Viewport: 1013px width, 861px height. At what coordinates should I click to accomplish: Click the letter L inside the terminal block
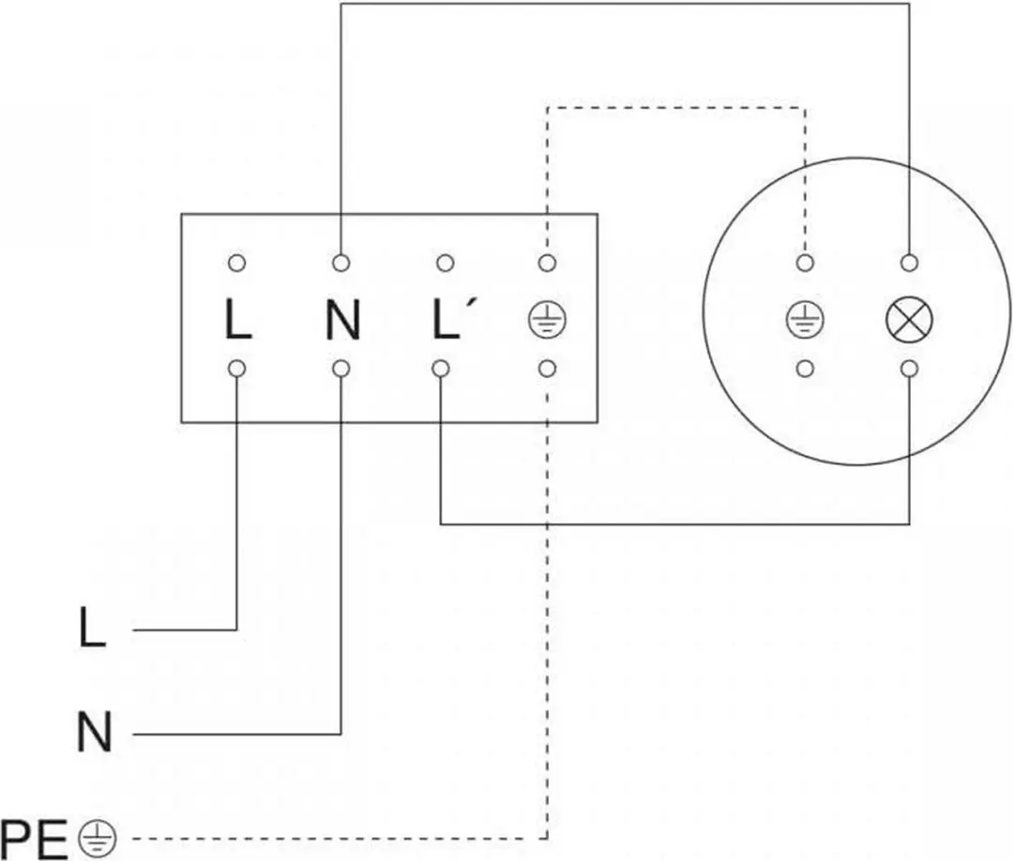[x=237, y=320]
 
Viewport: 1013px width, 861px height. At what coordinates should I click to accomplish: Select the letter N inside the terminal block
[x=342, y=320]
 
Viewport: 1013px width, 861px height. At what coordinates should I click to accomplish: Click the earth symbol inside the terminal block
[x=547, y=321]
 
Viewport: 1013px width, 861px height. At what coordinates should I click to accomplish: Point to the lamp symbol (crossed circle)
[x=909, y=320]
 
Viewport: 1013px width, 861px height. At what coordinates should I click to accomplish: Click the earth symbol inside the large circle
[x=805, y=320]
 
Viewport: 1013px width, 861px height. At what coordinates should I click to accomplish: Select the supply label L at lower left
[x=92, y=627]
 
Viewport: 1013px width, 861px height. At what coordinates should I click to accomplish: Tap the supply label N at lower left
[x=95, y=732]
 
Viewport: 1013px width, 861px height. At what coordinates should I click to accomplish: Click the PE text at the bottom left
[x=35, y=839]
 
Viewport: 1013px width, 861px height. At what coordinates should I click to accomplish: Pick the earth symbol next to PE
[x=98, y=839]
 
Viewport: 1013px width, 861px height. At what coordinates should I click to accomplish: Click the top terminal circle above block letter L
[x=237, y=263]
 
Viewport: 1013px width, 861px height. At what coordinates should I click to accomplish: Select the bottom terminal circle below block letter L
[x=237, y=369]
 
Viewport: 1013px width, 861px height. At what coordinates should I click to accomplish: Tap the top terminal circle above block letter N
[x=341, y=263]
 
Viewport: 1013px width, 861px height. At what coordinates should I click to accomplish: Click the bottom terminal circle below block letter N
[x=341, y=369]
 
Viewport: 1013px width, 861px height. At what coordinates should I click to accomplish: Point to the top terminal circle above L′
[x=446, y=263]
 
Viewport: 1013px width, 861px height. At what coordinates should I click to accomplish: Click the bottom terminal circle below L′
[x=441, y=369]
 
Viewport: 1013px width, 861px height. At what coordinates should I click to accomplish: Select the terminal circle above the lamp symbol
[x=909, y=263]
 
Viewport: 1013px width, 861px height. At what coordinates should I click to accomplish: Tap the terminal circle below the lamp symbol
[x=909, y=369]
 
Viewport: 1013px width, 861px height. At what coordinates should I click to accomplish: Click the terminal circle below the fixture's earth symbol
[x=805, y=369]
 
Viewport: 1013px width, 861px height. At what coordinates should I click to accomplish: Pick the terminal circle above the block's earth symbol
[x=547, y=263]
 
